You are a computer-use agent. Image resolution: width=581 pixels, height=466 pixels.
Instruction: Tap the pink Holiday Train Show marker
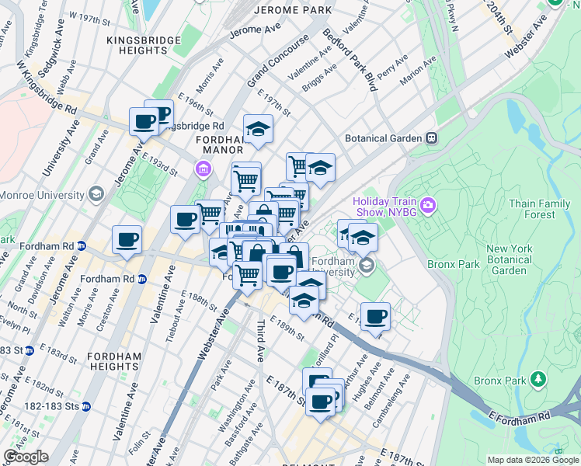[429, 205]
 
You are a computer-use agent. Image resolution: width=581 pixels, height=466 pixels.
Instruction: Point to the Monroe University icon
[96, 193]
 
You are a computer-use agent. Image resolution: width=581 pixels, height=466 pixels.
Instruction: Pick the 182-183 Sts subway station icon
[86, 406]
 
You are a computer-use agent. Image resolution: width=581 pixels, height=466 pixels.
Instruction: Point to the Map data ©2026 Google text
[532, 460]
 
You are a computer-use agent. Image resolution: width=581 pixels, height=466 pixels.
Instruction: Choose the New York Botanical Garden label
[509, 260]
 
